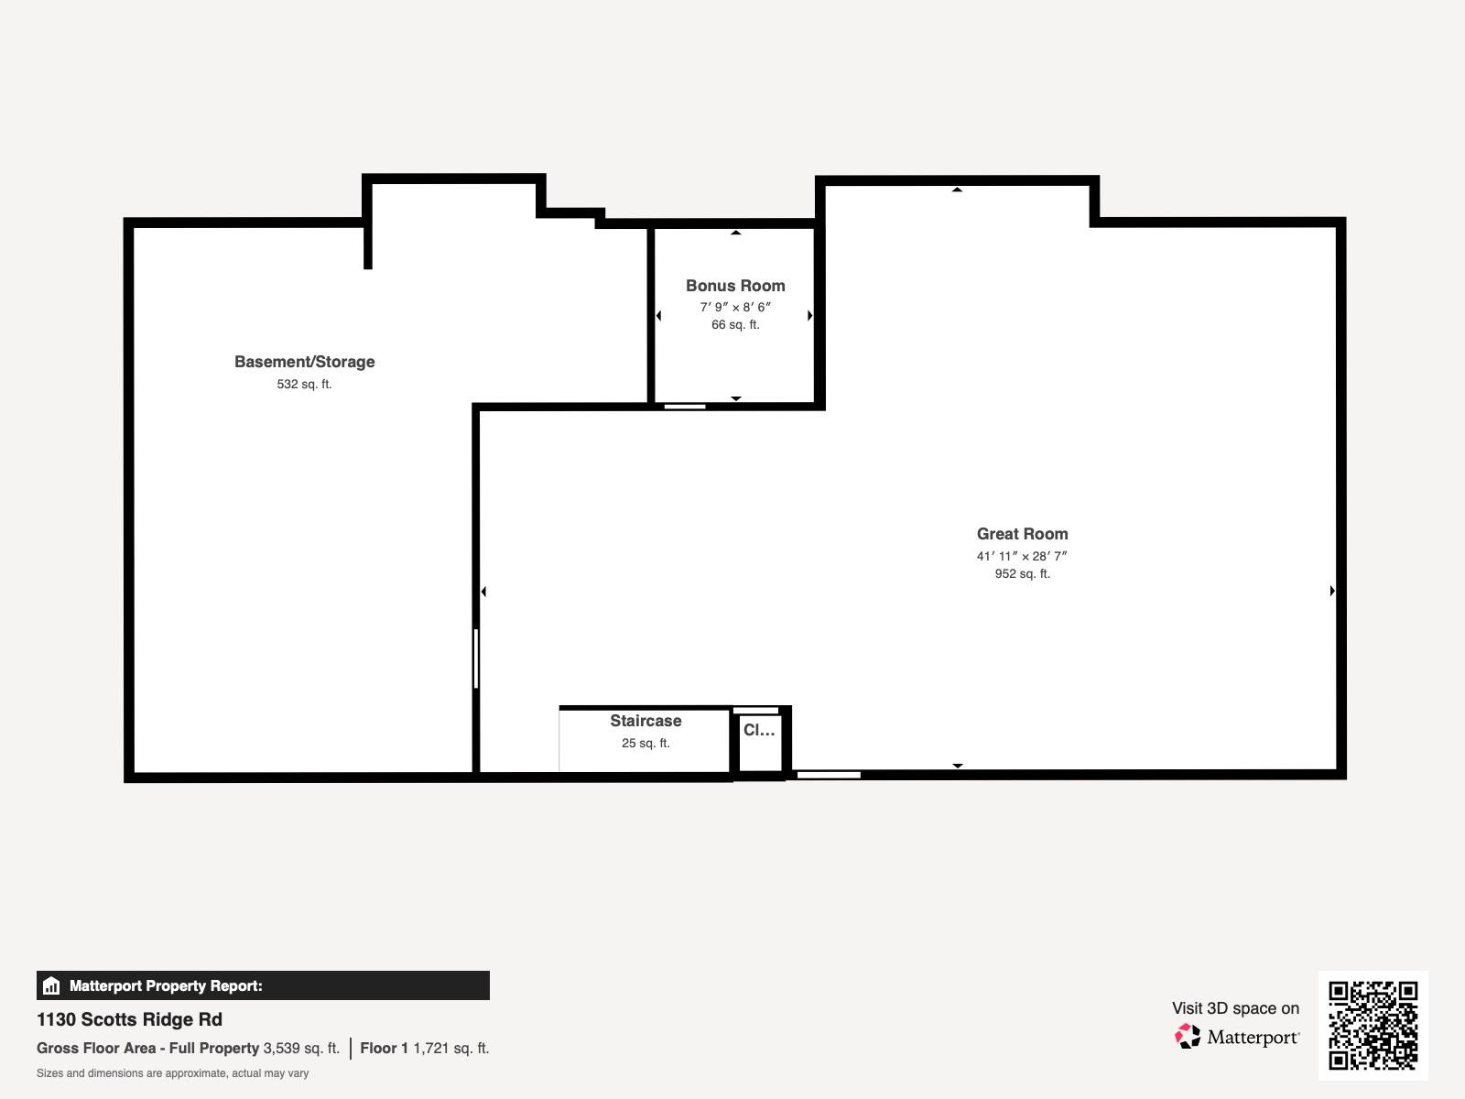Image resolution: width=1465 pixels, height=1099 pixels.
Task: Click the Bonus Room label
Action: [x=735, y=286]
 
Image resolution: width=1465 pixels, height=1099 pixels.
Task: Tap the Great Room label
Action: [x=1022, y=534]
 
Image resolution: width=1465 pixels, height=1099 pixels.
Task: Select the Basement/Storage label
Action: [x=304, y=362]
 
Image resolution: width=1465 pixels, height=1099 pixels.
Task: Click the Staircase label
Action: [x=646, y=721]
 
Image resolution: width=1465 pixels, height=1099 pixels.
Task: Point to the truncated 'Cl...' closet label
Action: [x=759, y=730]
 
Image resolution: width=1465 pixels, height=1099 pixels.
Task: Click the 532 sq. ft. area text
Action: [x=304, y=385]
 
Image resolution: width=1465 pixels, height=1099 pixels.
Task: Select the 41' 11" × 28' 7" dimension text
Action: [x=1022, y=556]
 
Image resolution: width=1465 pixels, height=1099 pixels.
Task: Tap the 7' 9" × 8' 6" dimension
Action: [x=735, y=307]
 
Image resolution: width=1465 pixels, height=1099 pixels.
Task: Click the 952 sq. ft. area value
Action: [x=1022, y=574]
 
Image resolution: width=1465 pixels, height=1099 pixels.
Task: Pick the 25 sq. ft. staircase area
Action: [x=646, y=744]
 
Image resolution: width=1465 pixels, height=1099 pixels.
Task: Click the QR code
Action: [x=1373, y=1025]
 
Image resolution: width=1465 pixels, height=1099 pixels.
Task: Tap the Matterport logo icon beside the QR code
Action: [x=1188, y=1037]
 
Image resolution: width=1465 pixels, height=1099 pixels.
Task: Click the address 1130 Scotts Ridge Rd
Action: [x=129, y=1019]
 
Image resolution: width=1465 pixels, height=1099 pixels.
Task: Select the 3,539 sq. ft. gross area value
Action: [x=301, y=1049]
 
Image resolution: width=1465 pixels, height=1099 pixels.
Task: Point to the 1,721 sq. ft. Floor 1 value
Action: [x=451, y=1049]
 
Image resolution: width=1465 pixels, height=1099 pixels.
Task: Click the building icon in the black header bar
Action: [x=51, y=985]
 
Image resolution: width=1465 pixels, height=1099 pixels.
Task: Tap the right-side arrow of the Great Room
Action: [x=1332, y=591]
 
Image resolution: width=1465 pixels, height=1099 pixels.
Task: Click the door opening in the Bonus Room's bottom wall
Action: [x=685, y=407]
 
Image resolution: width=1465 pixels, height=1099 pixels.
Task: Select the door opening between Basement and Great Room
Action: [x=476, y=658]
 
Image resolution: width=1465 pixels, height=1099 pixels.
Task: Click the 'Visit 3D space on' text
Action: [x=1235, y=1008]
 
